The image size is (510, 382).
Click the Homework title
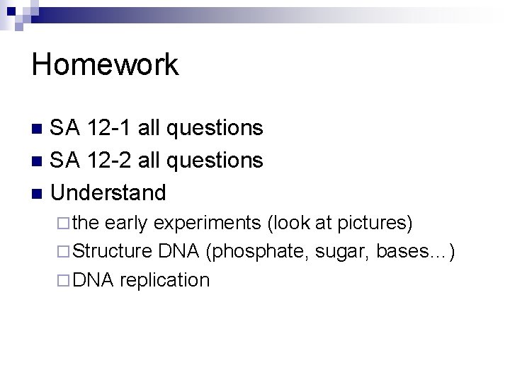[106, 65]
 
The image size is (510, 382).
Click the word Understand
[109, 192]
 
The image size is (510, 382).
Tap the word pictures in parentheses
[374, 224]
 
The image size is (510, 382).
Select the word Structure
[113, 251]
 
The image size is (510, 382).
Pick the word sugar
[339, 252]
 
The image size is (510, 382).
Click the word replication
[164, 280]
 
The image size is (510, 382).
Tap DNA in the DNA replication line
[93, 279]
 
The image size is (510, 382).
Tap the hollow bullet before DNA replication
[64, 280]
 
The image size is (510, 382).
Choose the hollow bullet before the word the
[64, 224]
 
